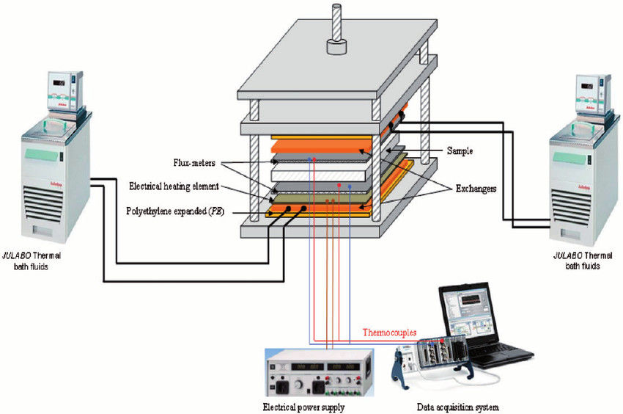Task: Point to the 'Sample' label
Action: point(460,150)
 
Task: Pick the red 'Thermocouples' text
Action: point(389,333)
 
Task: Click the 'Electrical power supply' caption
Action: point(303,407)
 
